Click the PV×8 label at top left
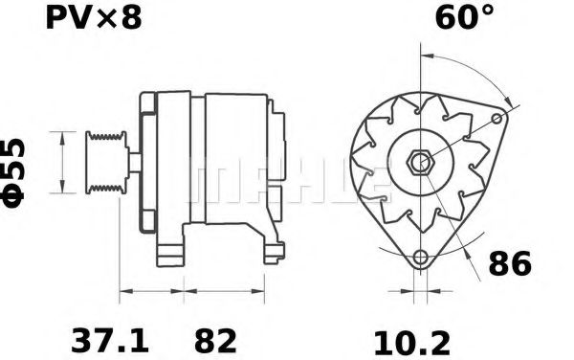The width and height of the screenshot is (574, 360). point(93,18)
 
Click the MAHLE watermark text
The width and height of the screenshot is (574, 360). point(287,181)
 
